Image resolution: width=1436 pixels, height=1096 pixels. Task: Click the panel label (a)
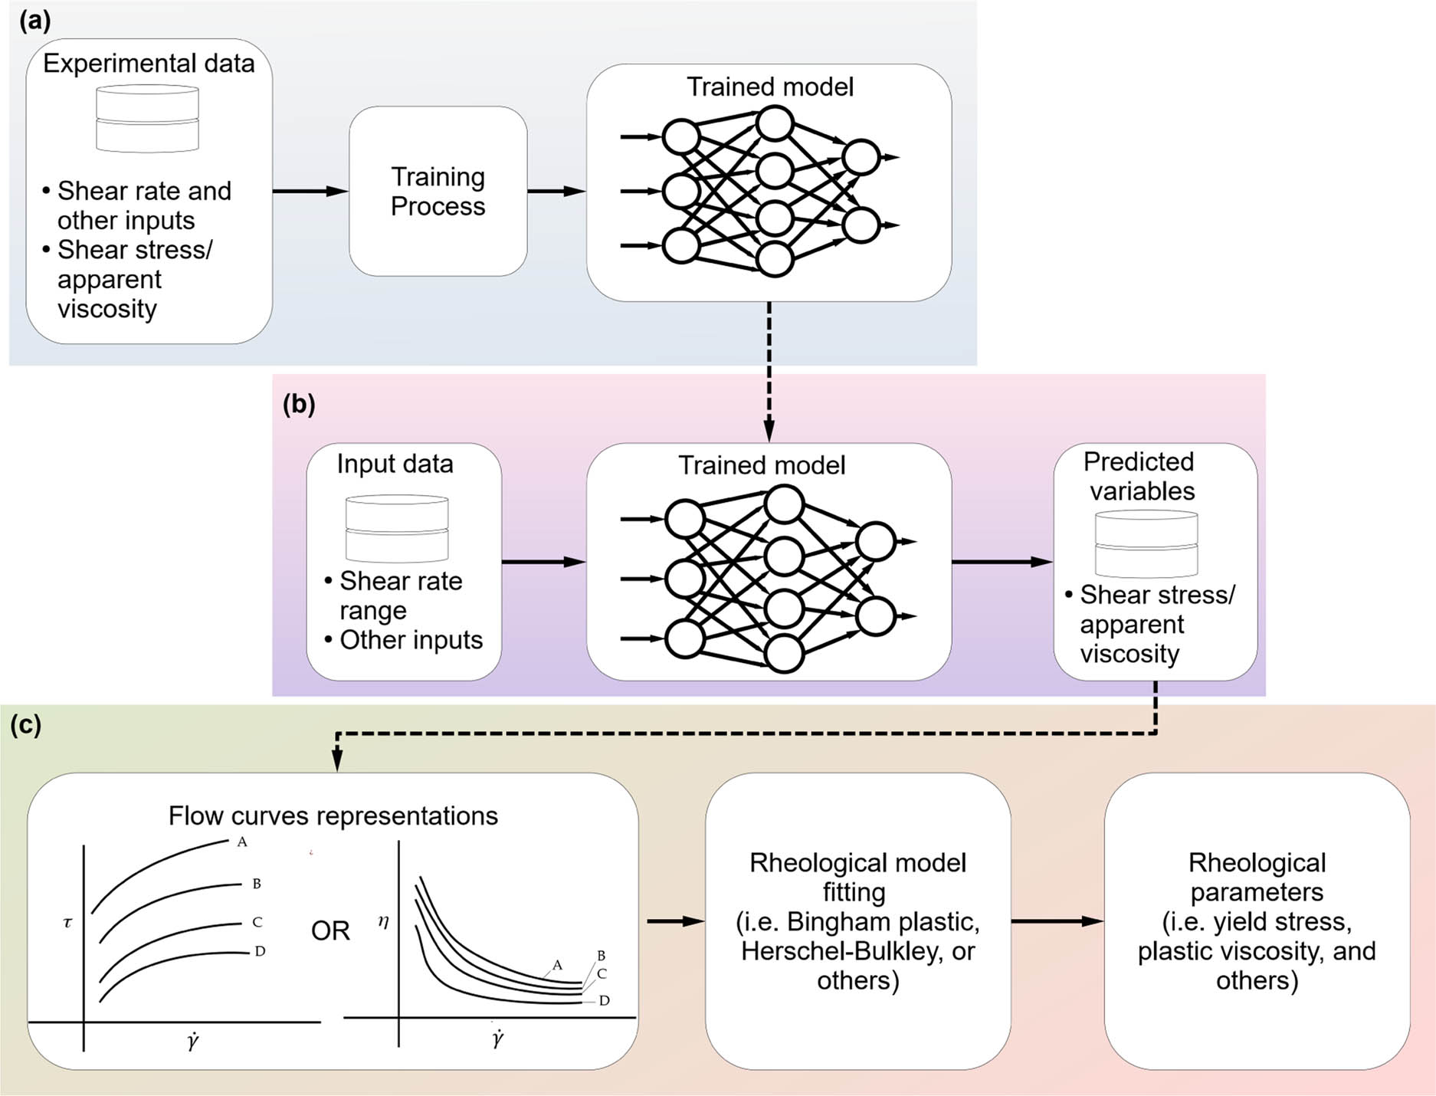coord(34,21)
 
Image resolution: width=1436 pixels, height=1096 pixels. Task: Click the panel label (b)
coord(299,404)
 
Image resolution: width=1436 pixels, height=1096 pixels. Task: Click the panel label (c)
coord(25,724)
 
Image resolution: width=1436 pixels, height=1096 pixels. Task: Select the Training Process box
coord(438,192)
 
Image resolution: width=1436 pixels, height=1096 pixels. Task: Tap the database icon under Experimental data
coord(147,118)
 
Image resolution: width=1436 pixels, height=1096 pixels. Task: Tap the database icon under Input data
coord(396,528)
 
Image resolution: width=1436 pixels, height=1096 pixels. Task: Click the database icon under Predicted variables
coord(1146,544)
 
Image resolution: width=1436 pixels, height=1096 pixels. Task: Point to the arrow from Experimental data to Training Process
coord(310,191)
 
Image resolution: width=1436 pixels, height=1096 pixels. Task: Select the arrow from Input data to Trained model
coord(543,562)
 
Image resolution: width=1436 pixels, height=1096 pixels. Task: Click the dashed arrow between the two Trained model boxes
coord(769,372)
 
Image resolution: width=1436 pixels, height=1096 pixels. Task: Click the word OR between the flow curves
coord(330,930)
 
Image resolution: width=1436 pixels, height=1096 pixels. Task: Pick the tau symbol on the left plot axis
coord(67,922)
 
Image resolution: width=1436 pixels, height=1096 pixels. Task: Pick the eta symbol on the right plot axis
coord(383,922)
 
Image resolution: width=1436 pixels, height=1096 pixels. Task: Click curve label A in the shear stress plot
coord(242,842)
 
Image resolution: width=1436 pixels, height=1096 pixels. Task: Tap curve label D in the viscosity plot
coord(604,1001)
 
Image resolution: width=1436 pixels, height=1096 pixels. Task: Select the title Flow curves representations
coord(333,815)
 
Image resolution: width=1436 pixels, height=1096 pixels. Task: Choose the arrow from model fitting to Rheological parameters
coord(1057,921)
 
